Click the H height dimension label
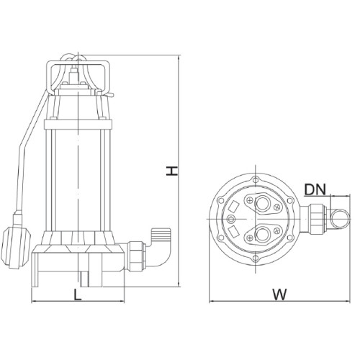172,171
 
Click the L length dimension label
77,294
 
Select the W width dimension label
279,294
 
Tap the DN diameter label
315,189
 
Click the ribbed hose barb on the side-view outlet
161,233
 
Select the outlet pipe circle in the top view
339,219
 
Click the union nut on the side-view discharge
137,256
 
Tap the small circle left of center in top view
231,219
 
